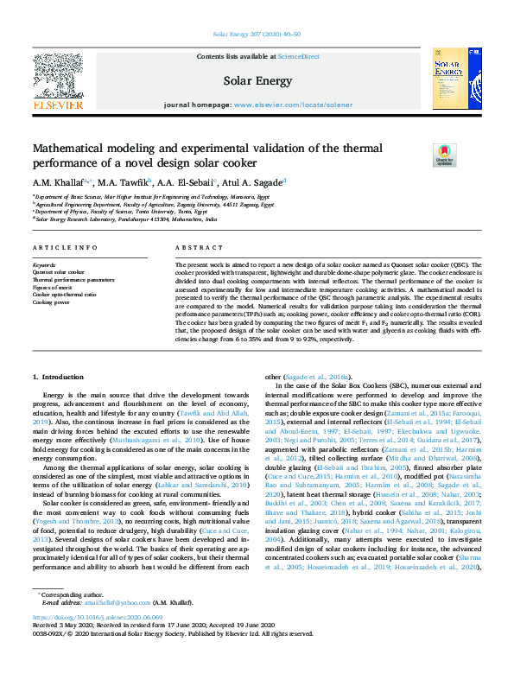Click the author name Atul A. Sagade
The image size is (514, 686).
[x=257, y=181]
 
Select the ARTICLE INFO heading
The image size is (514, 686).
[x=67, y=248]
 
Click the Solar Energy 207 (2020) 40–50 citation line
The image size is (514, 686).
[x=257, y=34]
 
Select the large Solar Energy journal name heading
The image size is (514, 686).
[x=257, y=81]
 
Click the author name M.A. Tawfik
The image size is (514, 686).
[x=125, y=181]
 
